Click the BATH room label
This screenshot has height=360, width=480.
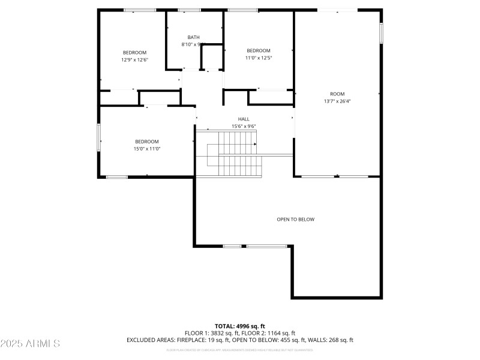(x=193, y=37)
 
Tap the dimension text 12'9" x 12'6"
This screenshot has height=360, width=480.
(x=134, y=59)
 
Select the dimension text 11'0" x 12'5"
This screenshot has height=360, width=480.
(x=259, y=58)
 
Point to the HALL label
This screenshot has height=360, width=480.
(x=244, y=119)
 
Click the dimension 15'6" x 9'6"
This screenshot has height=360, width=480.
(x=244, y=126)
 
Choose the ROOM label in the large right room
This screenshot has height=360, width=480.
(x=337, y=94)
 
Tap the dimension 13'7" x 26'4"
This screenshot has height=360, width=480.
(x=337, y=101)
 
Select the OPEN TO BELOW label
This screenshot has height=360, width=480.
(x=295, y=219)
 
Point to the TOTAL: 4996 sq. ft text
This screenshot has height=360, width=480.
(x=240, y=326)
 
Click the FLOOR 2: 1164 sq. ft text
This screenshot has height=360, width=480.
(x=269, y=333)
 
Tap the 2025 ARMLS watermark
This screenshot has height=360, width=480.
(x=30, y=344)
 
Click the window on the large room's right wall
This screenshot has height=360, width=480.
(x=381, y=33)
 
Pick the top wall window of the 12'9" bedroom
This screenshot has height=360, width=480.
(x=140, y=10)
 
